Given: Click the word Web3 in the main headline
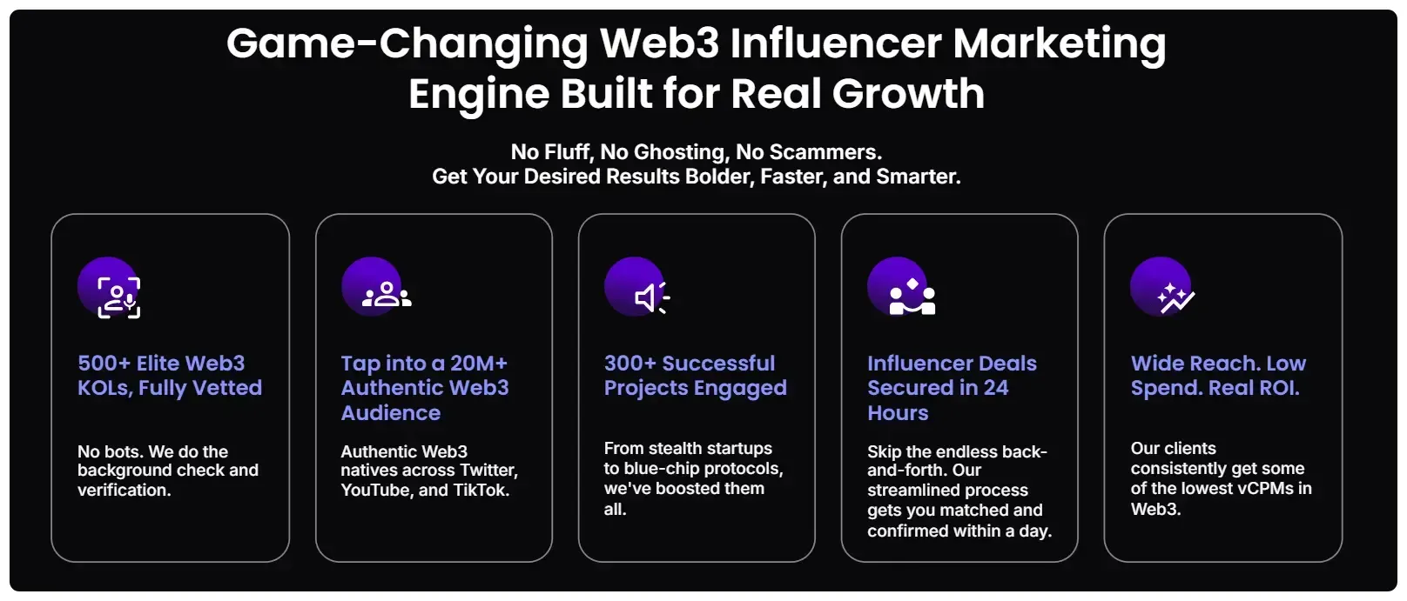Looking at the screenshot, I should coord(660,43).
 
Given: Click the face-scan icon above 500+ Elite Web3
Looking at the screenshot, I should coord(118,297).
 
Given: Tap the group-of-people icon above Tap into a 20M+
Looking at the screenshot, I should coord(386,295).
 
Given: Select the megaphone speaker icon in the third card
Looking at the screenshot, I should coord(650,297).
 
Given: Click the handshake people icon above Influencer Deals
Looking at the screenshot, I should coord(912,297).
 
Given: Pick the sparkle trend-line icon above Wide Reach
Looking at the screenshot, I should coord(1175,297).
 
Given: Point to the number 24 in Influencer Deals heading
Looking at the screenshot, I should coord(995,388).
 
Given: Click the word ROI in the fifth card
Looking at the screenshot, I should coord(1278,388).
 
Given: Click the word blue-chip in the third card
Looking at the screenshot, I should coord(661,469).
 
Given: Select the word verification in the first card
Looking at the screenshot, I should coord(124,491).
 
